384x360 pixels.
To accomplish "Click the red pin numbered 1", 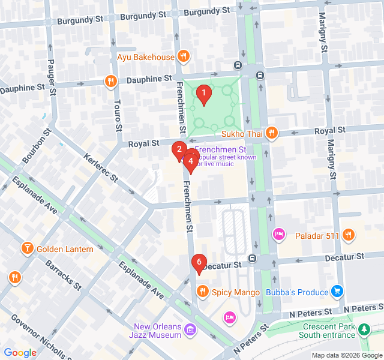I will click(x=203, y=94).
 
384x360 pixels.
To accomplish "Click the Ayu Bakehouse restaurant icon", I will click(x=184, y=58).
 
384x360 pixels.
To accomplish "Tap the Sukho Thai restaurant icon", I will click(x=272, y=132).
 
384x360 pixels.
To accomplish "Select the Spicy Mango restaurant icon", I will click(x=202, y=292).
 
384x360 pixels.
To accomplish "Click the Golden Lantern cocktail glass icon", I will click(x=27, y=248).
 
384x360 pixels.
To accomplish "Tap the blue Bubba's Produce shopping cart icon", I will click(x=338, y=292).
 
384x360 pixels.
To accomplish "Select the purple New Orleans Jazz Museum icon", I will click(x=191, y=329).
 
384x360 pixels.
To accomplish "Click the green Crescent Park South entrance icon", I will click(x=364, y=329).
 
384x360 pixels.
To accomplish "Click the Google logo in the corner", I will click(x=20, y=353).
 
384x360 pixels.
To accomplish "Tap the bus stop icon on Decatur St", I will click(x=253, y=259).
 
